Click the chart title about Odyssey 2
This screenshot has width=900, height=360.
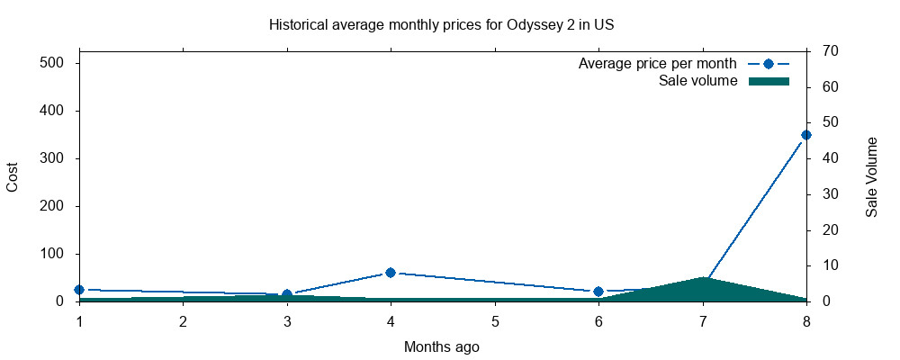coord(441,24)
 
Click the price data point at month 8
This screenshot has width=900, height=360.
coord(806,135)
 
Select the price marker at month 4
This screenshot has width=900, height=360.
coord(391,272)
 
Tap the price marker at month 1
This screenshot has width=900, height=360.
coord(79,290)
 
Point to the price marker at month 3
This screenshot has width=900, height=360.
coord(287,294)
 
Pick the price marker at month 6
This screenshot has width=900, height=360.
coord(598,292)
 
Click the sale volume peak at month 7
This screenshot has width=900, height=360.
coord(703,278)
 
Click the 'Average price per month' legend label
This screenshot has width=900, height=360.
coord(658,64)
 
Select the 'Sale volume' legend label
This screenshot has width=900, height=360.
coord(698,81)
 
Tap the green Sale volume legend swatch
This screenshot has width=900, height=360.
coord(769,81)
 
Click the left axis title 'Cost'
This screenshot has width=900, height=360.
coord(13,176)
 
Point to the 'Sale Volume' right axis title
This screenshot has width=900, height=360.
coord(871,176)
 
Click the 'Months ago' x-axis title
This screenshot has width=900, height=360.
coord(441,346)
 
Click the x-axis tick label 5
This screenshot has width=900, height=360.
coord(495,321)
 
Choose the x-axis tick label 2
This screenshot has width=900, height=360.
coord(183,321)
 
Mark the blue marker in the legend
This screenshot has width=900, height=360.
coord(769,64)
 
